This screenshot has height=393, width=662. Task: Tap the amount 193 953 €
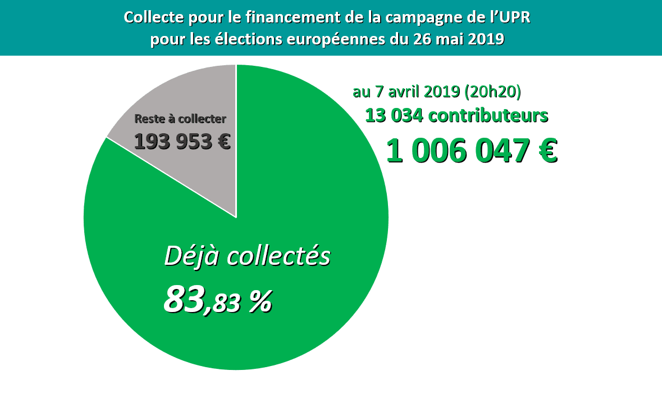182,141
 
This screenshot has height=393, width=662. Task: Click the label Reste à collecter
180,119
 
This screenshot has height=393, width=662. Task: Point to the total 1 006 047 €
472,151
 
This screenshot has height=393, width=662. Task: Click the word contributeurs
487,116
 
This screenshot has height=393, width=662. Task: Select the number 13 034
393,116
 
